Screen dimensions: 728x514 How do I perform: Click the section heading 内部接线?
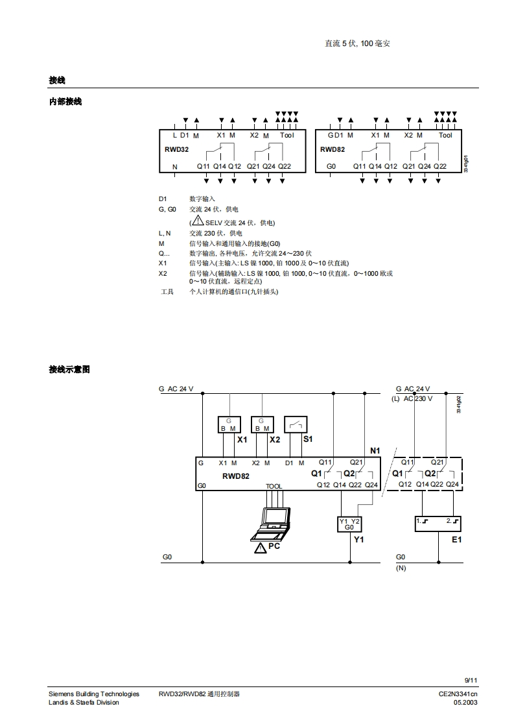coord(65,102)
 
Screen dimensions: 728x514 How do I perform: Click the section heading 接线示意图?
coord(69,369)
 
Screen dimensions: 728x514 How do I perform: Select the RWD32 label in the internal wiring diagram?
coord(176,149)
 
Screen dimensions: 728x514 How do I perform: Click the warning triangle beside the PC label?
coord(260,548)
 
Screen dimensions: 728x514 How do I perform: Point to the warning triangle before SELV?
coord(198,222)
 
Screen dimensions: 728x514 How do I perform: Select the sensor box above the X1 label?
coord(229,424)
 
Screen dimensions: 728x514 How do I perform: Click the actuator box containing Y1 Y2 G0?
coord(349,524)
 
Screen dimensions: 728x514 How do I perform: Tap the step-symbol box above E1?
coord(438,523)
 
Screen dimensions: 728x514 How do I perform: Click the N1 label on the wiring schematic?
coord(375,450)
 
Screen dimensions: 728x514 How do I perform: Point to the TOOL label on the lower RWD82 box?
coord(274,486)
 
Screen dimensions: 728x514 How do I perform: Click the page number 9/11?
coord(471,680)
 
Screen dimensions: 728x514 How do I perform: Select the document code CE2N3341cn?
coord(458,694)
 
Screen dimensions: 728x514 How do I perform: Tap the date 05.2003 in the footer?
coord(466,702)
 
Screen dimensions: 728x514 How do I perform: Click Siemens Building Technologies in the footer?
coord(94,694)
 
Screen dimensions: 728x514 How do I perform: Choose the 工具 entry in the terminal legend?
coord(167,292)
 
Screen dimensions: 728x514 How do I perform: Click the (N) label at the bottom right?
coord(401,568)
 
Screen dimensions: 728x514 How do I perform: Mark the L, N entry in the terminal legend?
coord(165,233)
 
